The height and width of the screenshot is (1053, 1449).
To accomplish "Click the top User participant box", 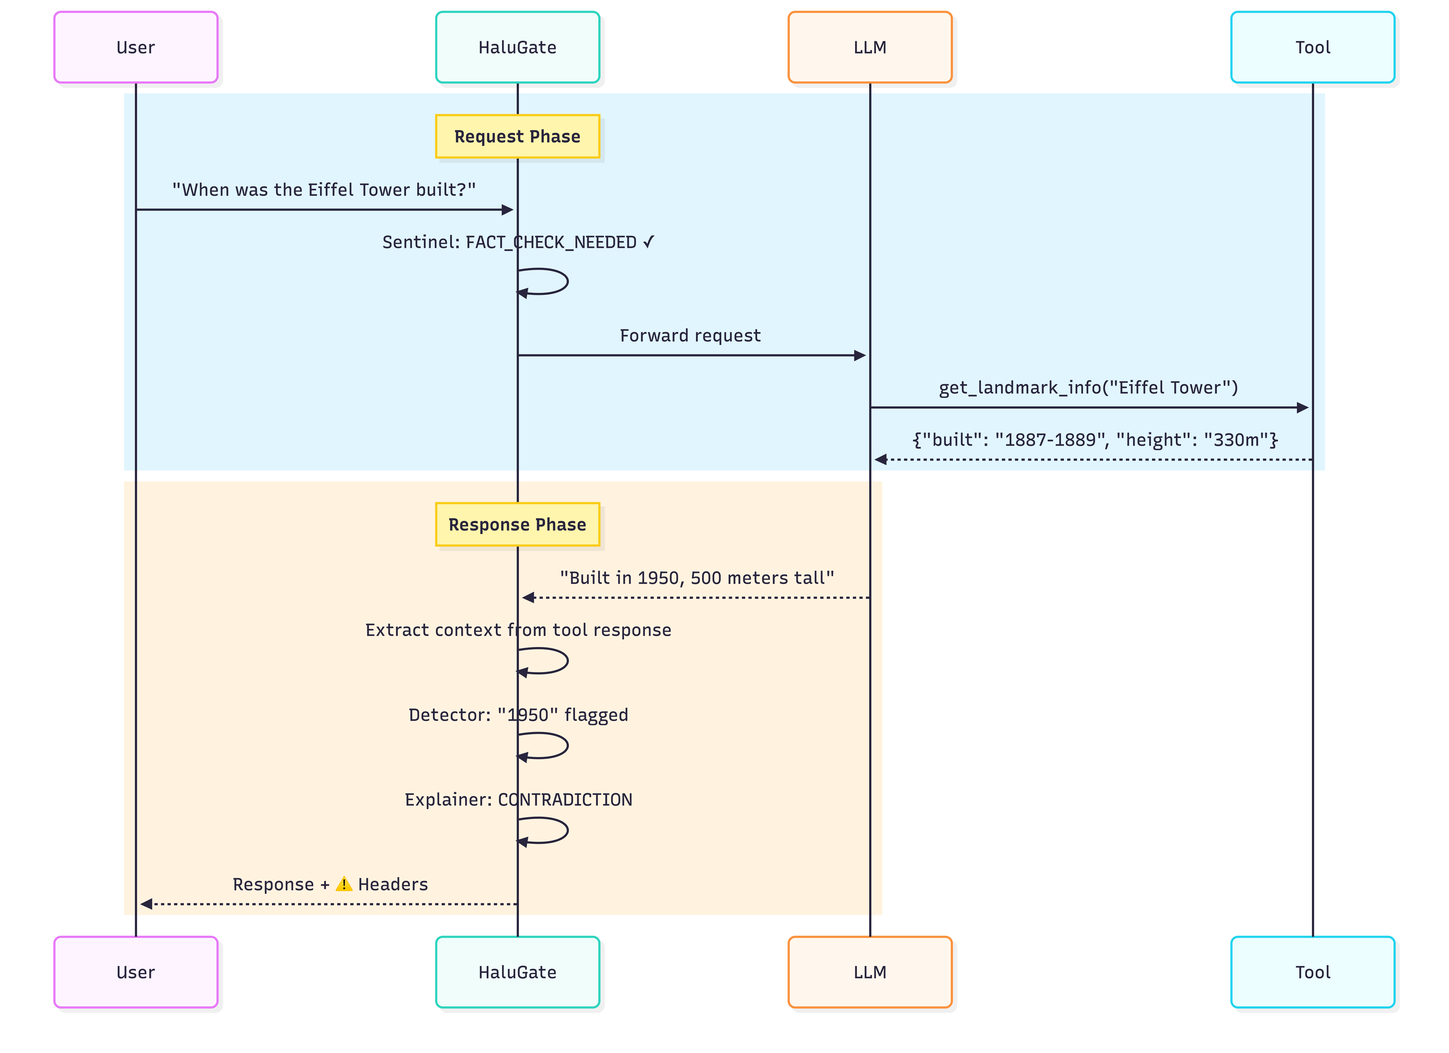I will coord(136,47).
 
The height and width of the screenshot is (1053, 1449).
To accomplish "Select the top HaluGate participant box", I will coord(518,47).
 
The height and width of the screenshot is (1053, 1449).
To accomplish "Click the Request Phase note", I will coord(518,136).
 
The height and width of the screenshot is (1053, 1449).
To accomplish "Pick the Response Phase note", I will coord(518,524).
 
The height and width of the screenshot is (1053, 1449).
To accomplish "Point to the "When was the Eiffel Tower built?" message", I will coord(324,190).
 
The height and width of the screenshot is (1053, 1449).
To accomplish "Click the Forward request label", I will coord(690,336).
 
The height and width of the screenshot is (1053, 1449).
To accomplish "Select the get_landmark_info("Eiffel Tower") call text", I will coord(1088,387).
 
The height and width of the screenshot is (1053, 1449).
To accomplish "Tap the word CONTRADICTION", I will coord(565,800).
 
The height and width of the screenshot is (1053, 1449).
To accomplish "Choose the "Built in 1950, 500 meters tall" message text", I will coord(697,578).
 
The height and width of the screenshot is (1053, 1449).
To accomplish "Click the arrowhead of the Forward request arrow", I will coord(860,355).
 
